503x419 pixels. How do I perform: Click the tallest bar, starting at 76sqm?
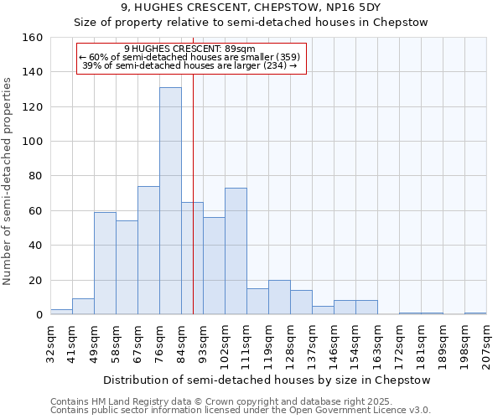(x=170, y=201)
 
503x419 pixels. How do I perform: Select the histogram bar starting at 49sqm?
(x=105, y=264)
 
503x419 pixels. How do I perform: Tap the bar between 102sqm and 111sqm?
(x=236, y=251)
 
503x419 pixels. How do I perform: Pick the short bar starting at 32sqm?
(x=61, y=312)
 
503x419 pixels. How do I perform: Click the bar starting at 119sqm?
(x=279, y=297)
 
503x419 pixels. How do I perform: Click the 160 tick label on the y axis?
(x=33, y=38)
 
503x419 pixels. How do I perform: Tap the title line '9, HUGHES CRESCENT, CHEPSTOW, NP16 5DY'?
(x=251, y=8)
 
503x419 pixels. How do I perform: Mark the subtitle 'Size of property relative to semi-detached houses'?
(x=251, y=23)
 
